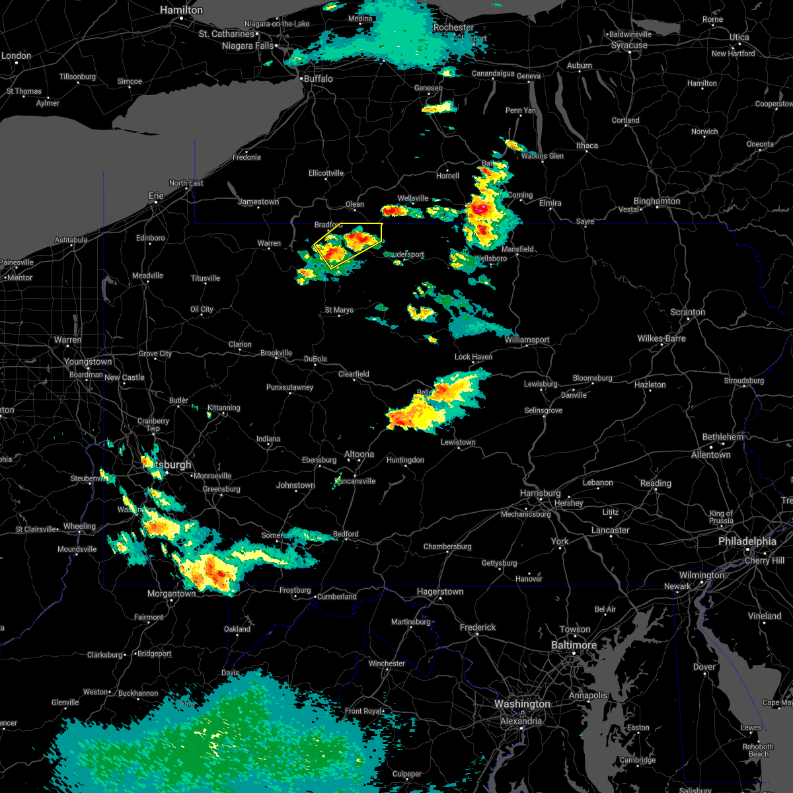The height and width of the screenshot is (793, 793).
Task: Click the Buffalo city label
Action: [x=318, y=79]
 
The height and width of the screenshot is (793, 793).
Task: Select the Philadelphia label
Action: [x=747, y=541]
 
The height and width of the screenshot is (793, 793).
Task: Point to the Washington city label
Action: [x=522, y=704]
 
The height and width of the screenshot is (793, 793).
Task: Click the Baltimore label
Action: [x=574, y=645]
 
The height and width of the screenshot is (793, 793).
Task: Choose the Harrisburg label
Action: [x=540, y=493]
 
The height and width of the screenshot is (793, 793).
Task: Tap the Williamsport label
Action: [x=527, y=340]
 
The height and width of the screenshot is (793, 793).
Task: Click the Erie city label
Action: [x=156, y=196]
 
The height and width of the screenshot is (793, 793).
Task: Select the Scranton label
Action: [x=687, y=312]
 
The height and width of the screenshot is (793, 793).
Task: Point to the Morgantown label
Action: [x=171, y=593]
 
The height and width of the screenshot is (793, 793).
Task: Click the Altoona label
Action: [x=359, y=454]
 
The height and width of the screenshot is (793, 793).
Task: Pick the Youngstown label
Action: [x=88, y=361]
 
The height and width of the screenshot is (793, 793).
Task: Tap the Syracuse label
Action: [x=629, y=46]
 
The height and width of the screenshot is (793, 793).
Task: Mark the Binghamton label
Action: [x=656, y=201]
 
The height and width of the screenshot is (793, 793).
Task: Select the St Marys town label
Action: [x=339, y=310]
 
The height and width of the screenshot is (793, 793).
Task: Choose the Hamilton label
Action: [x=181, y=11]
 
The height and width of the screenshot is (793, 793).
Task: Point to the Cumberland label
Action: [x=336, y=597]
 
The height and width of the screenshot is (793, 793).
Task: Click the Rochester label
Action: [x=453, y=28]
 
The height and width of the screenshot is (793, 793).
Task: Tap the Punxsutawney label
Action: [x=289, y=387]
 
